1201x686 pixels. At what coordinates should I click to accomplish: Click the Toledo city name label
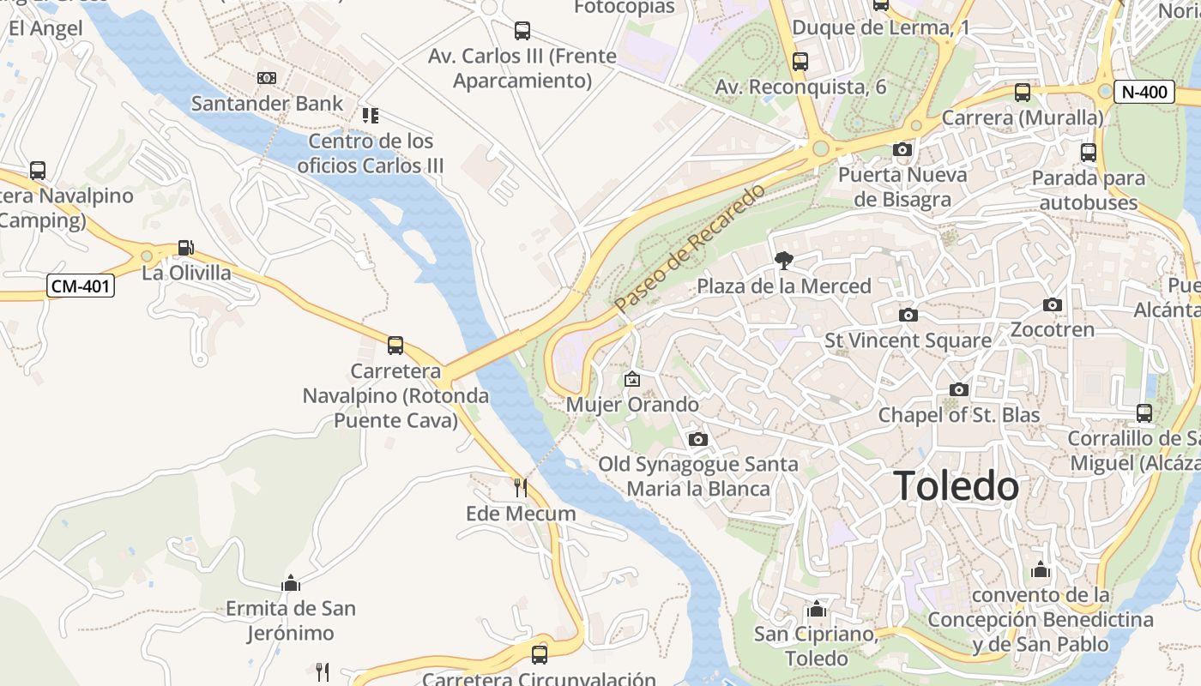click(x=957, y=486)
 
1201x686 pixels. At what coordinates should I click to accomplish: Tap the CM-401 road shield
click(x=81, y=286)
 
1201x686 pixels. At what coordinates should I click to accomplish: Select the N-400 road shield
click(x=1144, y=92)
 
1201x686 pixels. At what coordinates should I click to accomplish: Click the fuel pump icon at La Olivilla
click(x=185, y=248)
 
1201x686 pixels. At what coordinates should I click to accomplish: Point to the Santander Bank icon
click(x=267, y=78)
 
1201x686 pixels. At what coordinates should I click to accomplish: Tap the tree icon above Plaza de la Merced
click(x=783, y=260)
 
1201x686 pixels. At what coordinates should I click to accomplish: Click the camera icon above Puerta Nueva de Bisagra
click(x=902, y=150)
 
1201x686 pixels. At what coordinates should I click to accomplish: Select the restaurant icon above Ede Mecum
click(x=521, y=488)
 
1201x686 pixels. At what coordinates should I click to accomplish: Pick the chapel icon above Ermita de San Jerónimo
click(x=291, y=584)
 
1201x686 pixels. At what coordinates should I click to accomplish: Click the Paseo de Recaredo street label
click(x=689, y=248)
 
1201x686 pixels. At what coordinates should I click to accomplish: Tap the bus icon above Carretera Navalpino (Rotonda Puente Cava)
click(x=395, y=346)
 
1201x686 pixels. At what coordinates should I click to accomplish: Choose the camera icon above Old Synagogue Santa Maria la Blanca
click(x=698, y=440)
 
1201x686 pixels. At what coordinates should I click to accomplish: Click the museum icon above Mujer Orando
click(x=632, y=378)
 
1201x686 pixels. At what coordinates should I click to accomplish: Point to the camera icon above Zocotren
click(x=1053, y=304)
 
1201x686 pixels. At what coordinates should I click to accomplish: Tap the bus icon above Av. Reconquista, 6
click(x=800, y=62)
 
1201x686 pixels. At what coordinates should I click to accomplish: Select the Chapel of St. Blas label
click(x=958, y=416)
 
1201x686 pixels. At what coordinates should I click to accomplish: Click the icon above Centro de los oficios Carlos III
click(x=371, y=115)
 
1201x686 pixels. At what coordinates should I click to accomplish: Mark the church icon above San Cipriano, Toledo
click(x=817, y=610)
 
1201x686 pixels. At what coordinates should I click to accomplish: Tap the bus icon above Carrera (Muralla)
click(x=1022, y=93)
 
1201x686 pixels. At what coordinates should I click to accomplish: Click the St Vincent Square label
click(x=908, y=340)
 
